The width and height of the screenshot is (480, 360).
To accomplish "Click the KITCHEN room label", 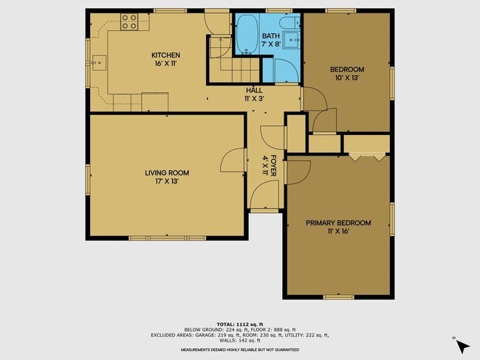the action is coord(165,55).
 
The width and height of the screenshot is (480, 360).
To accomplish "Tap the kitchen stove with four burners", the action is coord(129,21).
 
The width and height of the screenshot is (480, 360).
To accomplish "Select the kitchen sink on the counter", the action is coord(98,63).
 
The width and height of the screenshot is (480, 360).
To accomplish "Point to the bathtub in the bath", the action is coord(247,35).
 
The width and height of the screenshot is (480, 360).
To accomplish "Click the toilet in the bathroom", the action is coord(290,23).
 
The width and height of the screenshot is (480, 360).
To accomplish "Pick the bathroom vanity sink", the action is coord(291,40).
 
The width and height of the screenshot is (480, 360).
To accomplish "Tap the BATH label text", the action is coord(270,36).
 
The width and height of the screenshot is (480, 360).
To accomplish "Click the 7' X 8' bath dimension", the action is coord(271,44).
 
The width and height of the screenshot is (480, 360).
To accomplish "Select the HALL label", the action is coord(254,91).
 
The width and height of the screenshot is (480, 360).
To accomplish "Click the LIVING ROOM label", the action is coord(167,173).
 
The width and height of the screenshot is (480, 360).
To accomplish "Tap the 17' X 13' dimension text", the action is coord(167,181).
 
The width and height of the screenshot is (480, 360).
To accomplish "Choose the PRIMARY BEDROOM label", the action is coord(338,223).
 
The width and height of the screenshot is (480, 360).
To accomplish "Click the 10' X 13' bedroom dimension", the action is coord(347,77).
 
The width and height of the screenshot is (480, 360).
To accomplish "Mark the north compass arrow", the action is coord(462,347).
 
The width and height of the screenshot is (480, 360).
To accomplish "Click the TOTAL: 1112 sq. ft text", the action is coord(240,324).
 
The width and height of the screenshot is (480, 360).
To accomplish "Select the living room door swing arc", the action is coord(228,156).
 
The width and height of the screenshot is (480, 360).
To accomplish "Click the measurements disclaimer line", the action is coord(240,350).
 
